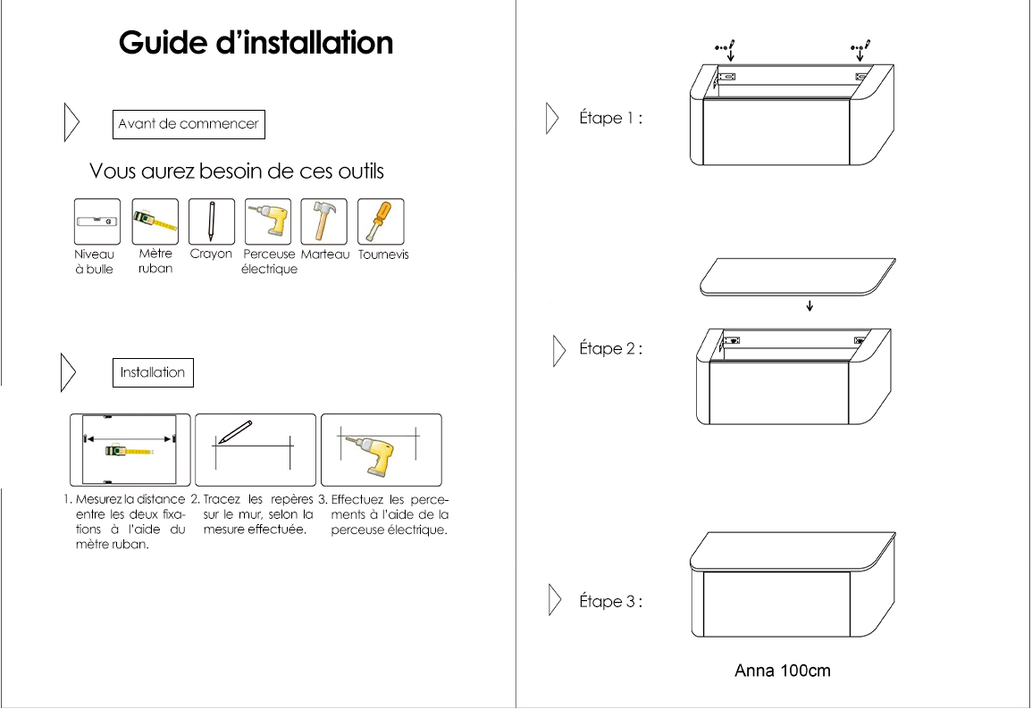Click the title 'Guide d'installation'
pyautogui.click(x=256, y=43)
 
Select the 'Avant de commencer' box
pyautogui.click(x=189, y=124)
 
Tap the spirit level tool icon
pyautogui.click(x=97, y=221)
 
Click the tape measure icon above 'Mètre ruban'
pyautogui.click(x=155, y=221)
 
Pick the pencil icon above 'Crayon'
pyautogui.click(x=211, y=221)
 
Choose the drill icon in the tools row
pyautogui.click(x=268, y=221)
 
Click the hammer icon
pyautogui.click(x=323, y=221)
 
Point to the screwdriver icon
pyautogui.click(x=381, y=221)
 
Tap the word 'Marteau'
pyautogui.click(x=325, y=254)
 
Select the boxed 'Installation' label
pyautogui.click(x=153, y=372)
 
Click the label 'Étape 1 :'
pyautogui.click(x=611, y=119)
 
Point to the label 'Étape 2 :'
pyautogui.click(x=611, y=348)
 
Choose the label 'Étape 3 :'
pyautogui.click(x=611, y=601)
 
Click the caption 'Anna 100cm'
pyautogui.click(x=783, y=671)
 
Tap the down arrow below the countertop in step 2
pyautogui.click(x=810, y=305)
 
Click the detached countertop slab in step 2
pyautogui.click(x=798, y=277)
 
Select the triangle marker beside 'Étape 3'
pyautogui.click(x=555, y=600)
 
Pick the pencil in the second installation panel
pyautogui.click(x=236, y=431)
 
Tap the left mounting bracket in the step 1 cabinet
pyautogui.click(x=726, y=77)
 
